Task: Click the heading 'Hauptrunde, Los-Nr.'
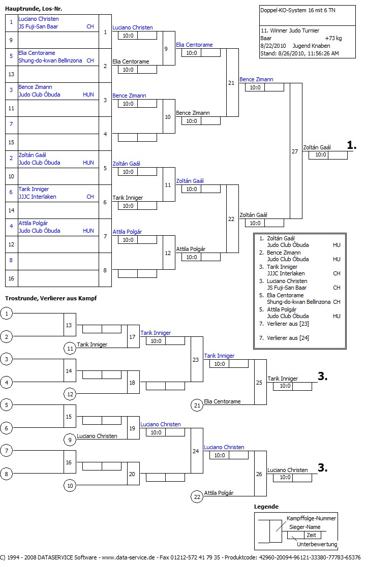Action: (x=34, y=9)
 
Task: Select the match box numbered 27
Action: (x=295, y=151)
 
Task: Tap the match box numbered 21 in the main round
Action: (x=232, y=83)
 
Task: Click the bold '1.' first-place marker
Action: (x=351, y=145)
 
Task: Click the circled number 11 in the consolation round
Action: (x=70, y=348)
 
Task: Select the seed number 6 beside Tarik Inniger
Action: (x=11, y=192)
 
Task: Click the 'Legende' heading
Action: (x=266, y=507)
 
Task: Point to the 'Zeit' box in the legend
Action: (x=311, y=535)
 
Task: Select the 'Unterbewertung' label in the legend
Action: (x=317, y=544)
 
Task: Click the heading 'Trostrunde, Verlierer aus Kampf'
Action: (x=51, y=298)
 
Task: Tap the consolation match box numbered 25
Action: (x=260, y=382)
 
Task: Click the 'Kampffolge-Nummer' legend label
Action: (x=311, y=518)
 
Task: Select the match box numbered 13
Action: (x=70, y=325)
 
